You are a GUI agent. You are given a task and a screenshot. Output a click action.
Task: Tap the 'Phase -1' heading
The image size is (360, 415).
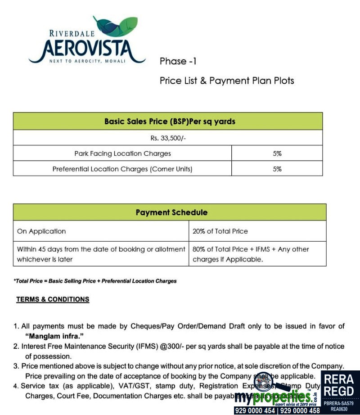coord(178,61)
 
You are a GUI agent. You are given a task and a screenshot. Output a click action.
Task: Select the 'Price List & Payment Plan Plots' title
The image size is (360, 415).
coord(227,81)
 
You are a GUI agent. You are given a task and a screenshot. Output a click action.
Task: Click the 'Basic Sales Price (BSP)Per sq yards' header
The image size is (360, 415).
coord(170,122)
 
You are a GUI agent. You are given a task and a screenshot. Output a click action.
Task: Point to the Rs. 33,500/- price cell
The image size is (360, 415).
coord(167,138)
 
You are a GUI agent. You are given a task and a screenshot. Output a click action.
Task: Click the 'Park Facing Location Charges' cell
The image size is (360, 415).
coord(122,153)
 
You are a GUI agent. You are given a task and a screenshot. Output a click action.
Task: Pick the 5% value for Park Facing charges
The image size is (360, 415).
coord(277,153)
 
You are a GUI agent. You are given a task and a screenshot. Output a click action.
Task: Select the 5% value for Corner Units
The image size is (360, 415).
coord(277,169)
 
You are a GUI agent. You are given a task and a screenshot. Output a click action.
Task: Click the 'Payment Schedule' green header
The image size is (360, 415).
coord(171,212)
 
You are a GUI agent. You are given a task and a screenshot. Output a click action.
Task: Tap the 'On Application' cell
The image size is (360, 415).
coord(41,231)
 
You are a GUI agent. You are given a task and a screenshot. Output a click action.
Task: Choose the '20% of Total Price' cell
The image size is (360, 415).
coord(220,231)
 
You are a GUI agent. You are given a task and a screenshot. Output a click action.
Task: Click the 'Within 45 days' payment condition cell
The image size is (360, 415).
coord(101,254)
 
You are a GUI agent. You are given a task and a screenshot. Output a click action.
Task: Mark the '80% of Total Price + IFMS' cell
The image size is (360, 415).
coord(251,254)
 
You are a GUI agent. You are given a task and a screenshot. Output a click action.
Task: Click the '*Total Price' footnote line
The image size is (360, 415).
coord(95,281)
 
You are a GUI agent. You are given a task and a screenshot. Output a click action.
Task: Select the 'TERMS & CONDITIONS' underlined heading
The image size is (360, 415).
coord(53,299)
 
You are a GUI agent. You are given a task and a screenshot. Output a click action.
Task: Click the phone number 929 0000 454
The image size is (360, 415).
coord(254,410)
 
